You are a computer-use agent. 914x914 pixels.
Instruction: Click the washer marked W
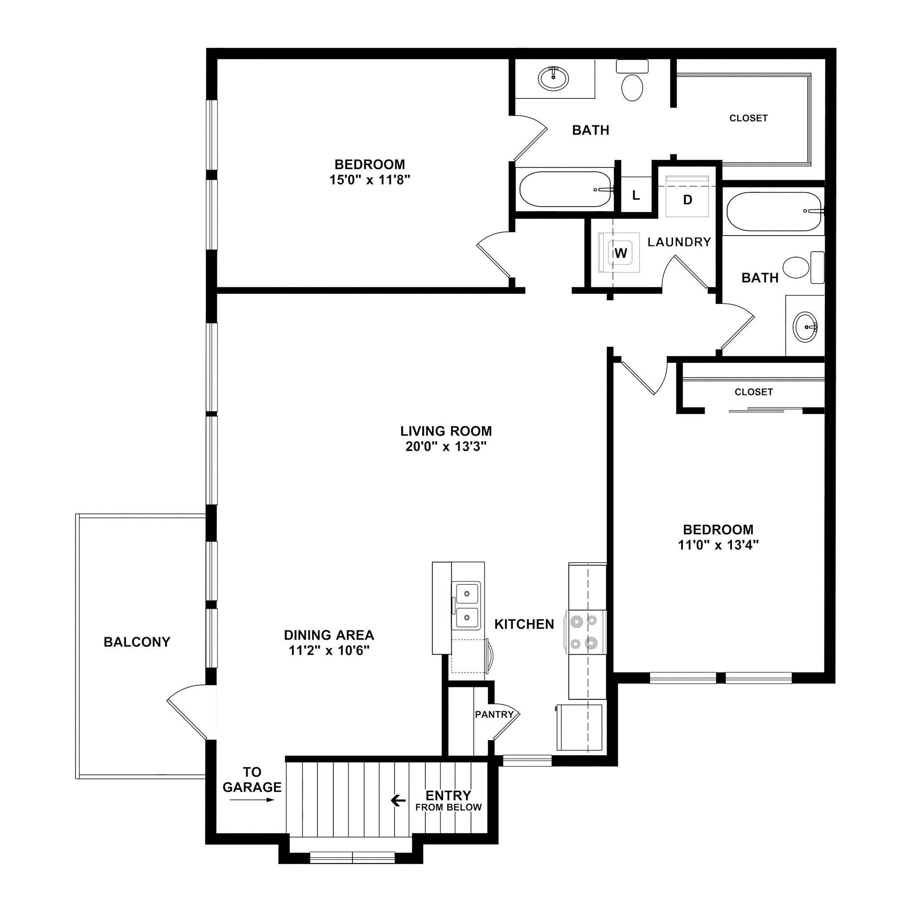tap(619, 253)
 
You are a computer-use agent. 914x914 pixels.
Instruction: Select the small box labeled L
tap(636, 195)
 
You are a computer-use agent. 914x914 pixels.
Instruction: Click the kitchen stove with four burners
tap(585, 632)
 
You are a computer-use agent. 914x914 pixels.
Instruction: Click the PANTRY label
tap(494, 715)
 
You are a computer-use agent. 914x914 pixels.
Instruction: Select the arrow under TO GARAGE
tap(252, 800)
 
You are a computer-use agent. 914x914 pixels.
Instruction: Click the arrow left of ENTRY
tap(399, 801)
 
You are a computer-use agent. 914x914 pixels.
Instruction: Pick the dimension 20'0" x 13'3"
tap(446, 446)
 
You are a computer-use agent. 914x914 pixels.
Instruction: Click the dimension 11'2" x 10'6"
tap(329, 651)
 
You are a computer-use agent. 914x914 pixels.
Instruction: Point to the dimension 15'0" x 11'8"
tap(370, 180)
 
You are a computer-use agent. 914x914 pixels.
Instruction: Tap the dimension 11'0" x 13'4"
tap(718, 545)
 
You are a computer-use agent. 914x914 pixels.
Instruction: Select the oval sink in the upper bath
tap(553, 78)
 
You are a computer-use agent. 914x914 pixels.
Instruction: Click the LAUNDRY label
tap(679, 242)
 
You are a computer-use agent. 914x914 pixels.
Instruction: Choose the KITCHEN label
tap(524, 624)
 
